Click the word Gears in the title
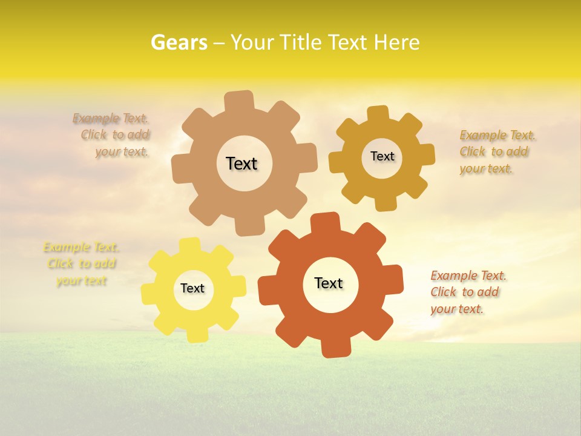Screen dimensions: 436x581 179,42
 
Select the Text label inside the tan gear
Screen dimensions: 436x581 241,163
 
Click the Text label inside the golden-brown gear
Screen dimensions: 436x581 382,156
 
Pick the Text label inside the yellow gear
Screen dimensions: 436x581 192,288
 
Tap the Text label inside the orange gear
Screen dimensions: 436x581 329,283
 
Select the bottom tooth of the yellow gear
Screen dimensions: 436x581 196,334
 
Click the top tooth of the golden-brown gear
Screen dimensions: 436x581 377,113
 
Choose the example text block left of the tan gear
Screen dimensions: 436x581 113,135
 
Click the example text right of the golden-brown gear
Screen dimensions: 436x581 496,151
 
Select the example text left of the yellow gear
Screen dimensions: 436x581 81,263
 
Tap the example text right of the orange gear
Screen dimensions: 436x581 467,292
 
